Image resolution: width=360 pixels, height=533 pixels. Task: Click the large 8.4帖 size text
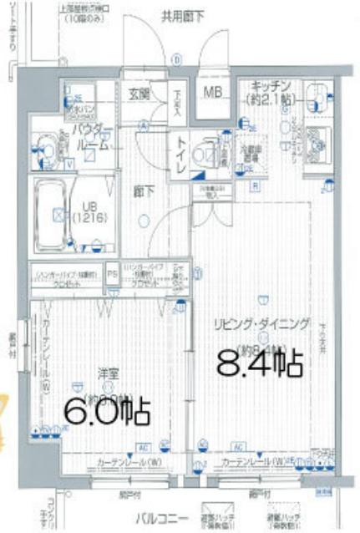click(x=260, y=363)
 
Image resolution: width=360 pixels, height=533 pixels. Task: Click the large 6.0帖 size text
click(x=108, y=410)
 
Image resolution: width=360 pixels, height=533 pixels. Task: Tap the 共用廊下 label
click(x=183, y=14)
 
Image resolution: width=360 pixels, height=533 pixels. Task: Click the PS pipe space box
click(x=112, y=273)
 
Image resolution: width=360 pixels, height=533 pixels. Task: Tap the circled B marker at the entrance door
click(x=176, y=60)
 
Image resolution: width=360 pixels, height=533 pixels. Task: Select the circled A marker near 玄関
click(x=143, y=126)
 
